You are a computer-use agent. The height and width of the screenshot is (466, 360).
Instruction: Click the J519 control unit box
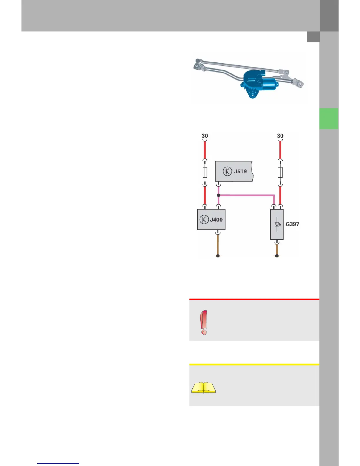(234, 171)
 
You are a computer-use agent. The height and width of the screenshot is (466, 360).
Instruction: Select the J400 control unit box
(211, 219)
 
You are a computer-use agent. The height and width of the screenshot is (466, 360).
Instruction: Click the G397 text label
(292, 224)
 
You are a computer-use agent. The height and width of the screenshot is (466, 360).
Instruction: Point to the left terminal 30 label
(205, 136)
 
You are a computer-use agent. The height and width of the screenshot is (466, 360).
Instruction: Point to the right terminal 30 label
(280, 136)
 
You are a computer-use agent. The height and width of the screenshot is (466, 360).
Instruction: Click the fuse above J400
(205, 172)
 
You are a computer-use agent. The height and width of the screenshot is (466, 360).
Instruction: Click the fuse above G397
(280, 172)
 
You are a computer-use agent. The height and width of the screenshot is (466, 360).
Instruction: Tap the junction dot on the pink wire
(219, 195)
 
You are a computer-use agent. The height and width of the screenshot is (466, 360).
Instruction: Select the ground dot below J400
(218, 256)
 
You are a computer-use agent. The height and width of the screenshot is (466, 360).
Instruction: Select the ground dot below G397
(277, 256)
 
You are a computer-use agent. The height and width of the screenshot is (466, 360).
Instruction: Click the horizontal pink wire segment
(247, 195)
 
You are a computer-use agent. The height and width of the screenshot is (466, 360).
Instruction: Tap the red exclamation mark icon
(204, 322)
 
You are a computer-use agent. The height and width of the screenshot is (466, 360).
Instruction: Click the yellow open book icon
(204, 388)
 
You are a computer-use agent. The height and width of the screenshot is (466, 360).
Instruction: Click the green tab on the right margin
(329, 119)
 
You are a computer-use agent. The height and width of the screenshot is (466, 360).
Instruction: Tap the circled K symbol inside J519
(227, 171)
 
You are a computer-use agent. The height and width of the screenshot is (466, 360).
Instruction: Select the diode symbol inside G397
(277, 224)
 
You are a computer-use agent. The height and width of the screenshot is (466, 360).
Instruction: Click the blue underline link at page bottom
(58, 463)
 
